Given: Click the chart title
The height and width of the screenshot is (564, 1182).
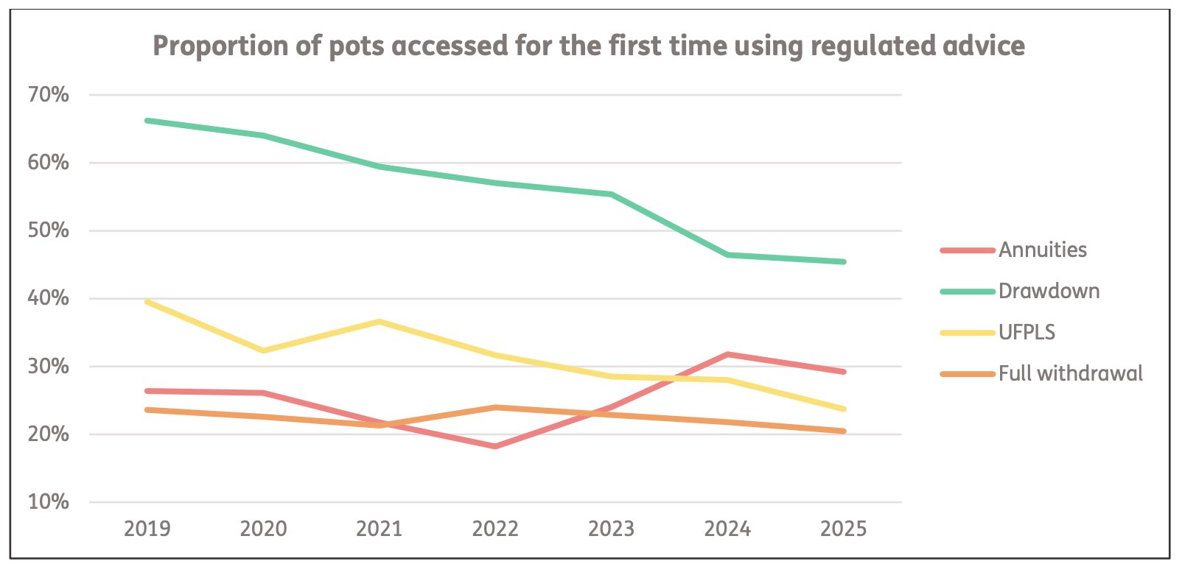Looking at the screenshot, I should tap(588, 46).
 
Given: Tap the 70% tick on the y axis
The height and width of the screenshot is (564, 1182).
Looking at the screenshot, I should tap(49, 95).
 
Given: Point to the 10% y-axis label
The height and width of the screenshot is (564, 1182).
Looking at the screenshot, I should tap(49, 502).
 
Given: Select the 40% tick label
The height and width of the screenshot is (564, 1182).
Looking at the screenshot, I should tap(49, 298).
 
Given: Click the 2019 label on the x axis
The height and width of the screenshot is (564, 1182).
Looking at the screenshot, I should tap(147, 529).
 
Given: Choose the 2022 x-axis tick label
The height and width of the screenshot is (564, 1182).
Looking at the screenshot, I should tap(495, 529).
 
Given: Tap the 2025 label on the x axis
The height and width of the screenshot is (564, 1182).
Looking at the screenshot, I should tap(844, 529).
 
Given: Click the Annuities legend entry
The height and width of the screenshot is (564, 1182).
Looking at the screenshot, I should tap(1042, 250).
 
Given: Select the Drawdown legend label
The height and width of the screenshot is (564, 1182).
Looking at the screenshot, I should tap(1048, 292).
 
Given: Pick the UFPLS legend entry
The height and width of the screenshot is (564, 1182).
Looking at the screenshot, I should tap(1027, 333).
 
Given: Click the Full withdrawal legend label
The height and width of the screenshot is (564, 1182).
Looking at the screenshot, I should tap(1070, 374).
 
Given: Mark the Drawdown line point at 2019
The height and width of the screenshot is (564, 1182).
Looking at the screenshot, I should tap(147, 120).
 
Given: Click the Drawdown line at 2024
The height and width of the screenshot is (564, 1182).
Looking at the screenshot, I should tap(728, 255).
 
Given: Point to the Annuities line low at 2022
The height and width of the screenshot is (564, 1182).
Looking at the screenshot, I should tap(495, 446).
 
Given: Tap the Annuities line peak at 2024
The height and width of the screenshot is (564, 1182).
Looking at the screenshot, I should tap(728, 354).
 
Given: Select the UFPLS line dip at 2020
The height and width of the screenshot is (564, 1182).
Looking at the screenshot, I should tap(264, 350).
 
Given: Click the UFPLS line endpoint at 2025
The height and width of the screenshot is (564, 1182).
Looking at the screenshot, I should tap(843, 409).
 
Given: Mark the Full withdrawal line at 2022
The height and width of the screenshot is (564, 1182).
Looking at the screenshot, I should tap(495, 407).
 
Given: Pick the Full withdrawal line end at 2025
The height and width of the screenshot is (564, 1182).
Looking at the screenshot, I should tap(843, 431).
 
